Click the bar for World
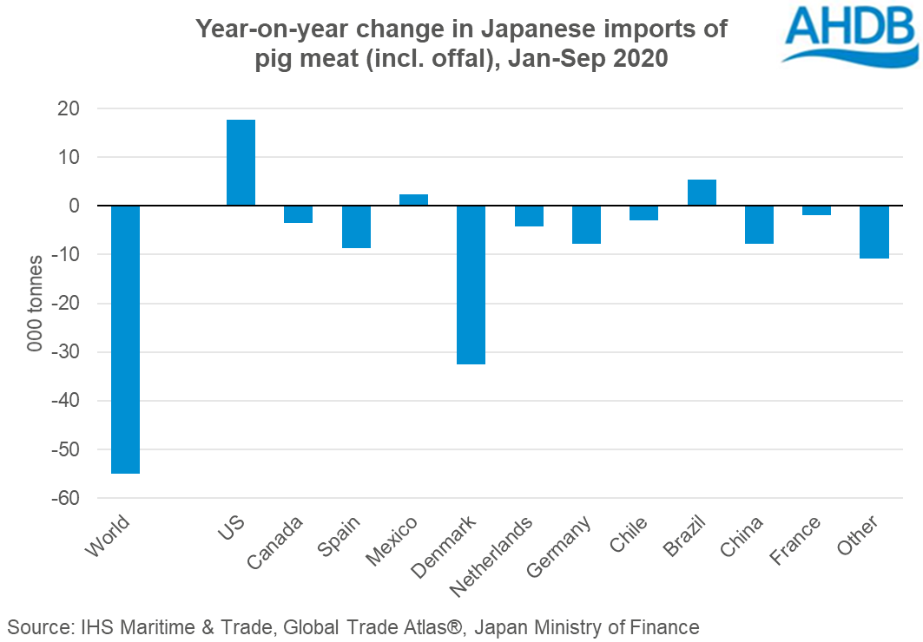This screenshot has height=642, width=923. click(x=125, y=339)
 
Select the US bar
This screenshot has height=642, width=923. click(x=241, y=162)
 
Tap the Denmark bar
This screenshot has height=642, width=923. click(x=471, y=285)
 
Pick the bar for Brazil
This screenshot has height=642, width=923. click(x=702, y=193)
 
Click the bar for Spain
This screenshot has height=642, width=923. click(x=356, y=226)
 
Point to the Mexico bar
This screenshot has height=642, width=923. click(x=413, y=200)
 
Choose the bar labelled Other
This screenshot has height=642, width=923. click(x=874, y=232)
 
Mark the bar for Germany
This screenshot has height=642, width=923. click(x=586, y=225)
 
